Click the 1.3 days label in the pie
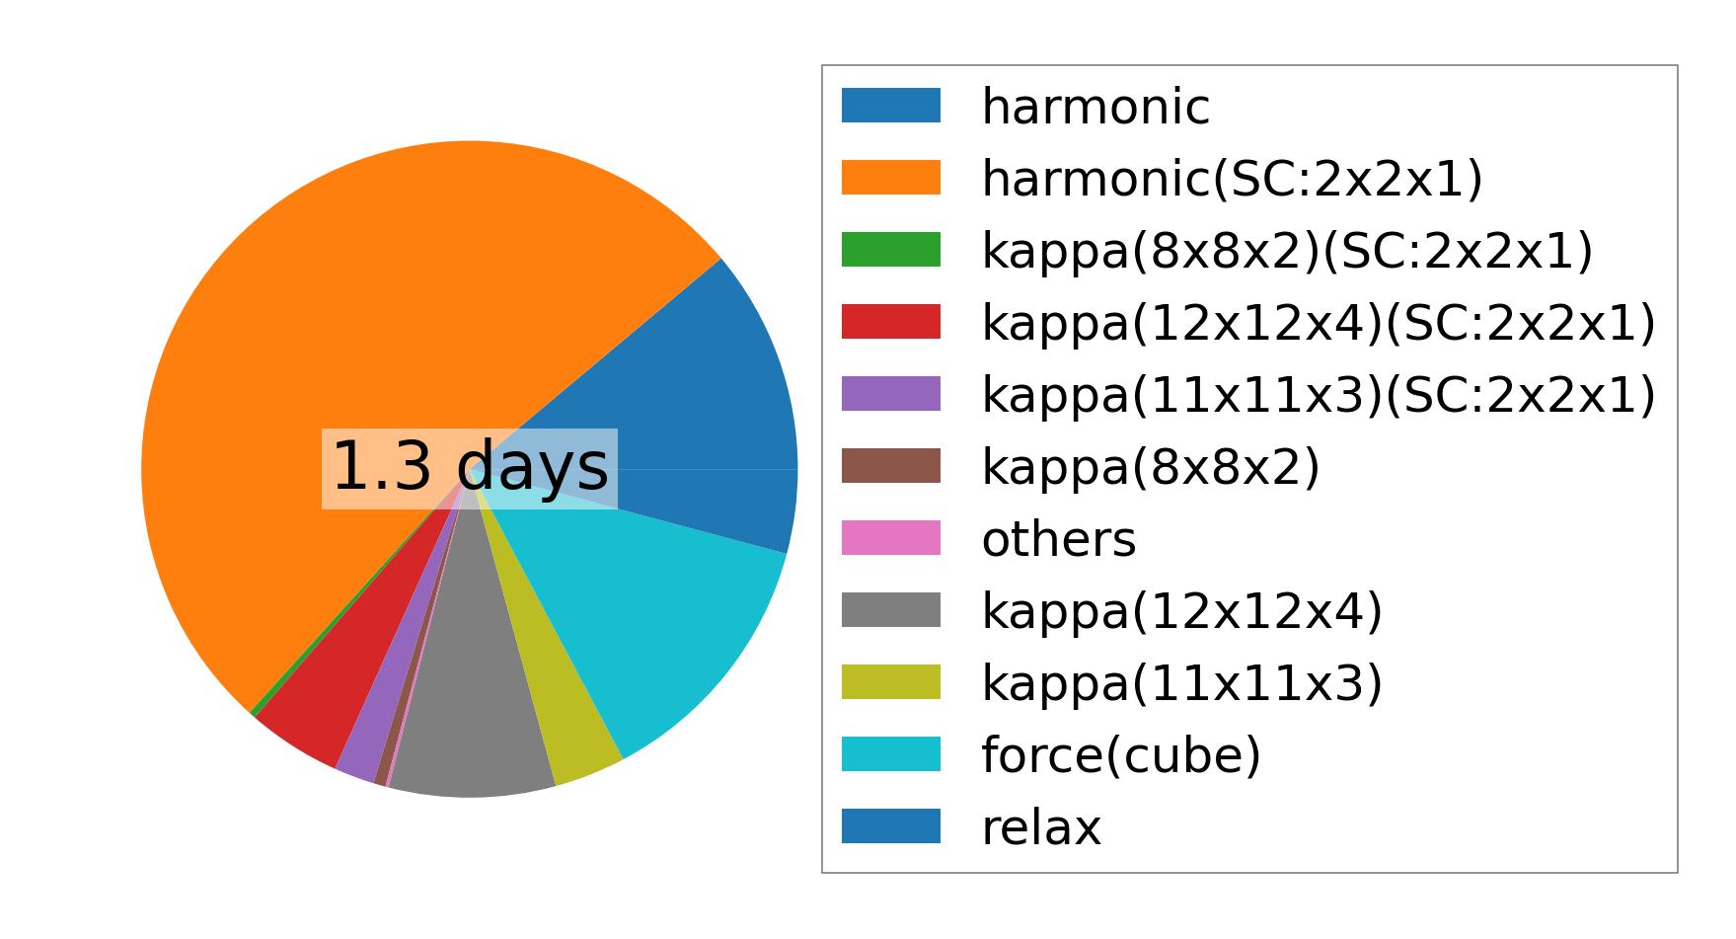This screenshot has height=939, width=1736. pos(470,467)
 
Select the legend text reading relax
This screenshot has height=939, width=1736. pos(1041,827)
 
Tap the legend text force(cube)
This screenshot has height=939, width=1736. pos(1121,756)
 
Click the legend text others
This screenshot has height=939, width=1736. pos(1059,539)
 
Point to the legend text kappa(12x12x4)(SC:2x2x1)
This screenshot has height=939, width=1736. pos(1319,323)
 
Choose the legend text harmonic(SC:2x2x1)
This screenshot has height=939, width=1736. pos(1233,179)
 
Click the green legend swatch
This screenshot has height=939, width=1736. pos(891,250)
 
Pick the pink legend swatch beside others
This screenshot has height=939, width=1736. pos(891,538)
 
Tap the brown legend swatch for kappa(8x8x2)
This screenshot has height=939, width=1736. pos(891,466)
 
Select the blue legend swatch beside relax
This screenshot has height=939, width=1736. pos(891,826)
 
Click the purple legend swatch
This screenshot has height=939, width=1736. pos(891,394)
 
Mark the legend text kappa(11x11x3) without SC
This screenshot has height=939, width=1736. pos(1182,683)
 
